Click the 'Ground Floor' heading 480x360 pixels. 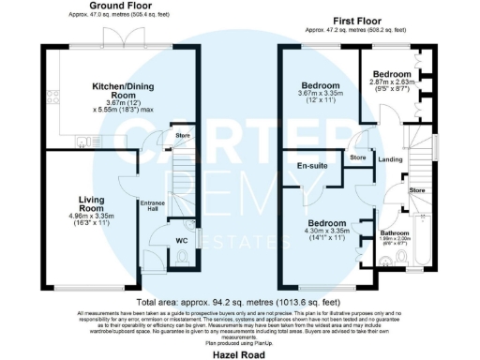coord(123,7)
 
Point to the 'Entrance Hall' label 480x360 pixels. coord(152,205)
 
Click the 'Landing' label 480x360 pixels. coord(391,159)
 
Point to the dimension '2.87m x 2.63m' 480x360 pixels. coord(393,82)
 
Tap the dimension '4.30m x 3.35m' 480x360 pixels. coord(322,231)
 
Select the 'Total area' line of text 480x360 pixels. coord(240,302)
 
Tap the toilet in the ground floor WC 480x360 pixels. coord(182,256)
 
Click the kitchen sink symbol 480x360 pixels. coord(84,143)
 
